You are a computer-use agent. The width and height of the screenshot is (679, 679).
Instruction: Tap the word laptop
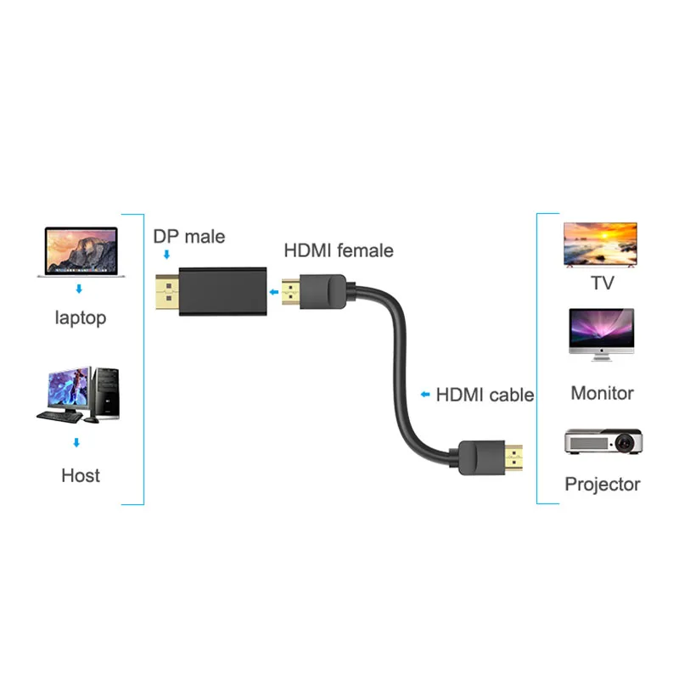(81, 318)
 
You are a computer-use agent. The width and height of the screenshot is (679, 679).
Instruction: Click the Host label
(81, 475)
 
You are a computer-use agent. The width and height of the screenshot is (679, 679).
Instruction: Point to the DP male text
(188, 236)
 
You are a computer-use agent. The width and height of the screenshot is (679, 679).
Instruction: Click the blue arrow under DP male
(166, 255)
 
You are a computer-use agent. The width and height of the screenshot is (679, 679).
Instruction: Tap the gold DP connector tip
(166, 291)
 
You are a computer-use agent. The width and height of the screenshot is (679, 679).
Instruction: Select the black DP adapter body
(223, 290)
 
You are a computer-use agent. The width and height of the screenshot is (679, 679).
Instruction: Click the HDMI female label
(338, 250)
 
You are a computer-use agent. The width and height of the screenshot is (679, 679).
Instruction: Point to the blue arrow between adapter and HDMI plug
(274, 293)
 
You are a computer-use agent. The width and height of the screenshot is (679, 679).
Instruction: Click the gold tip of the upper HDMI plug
(292, 293)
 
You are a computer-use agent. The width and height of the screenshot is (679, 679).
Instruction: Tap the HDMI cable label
(485, 395)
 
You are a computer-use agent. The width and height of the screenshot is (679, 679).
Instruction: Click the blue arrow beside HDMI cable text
(425, 395)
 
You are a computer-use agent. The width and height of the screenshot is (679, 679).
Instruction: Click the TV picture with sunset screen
(600, 244)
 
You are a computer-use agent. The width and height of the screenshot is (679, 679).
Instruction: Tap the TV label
(602, 283)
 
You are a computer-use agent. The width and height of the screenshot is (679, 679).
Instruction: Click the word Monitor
(602, 393)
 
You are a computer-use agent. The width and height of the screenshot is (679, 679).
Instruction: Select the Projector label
(602, 485)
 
